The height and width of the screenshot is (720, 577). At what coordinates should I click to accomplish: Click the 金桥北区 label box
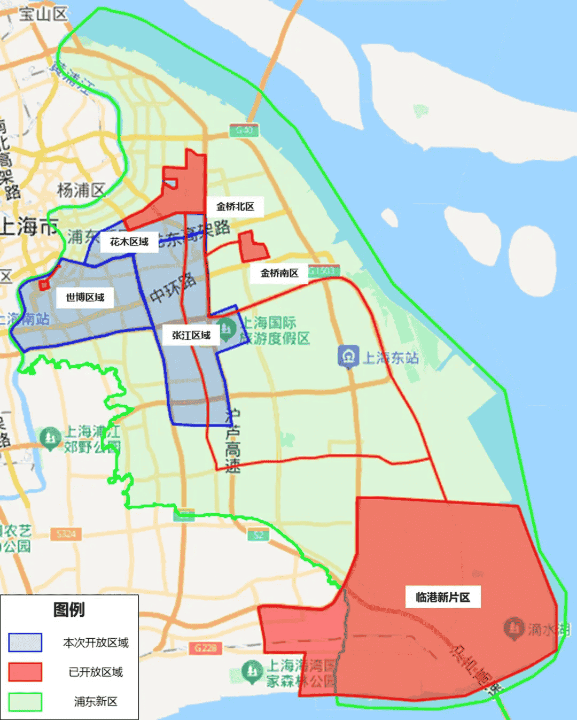pyautogui.click(x=235, y=207)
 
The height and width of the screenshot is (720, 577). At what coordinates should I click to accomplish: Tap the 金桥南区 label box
pyautogui.click(x=279, y=273)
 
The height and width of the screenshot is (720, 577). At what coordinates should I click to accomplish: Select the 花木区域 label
pyautogui.click(x=129, y=242)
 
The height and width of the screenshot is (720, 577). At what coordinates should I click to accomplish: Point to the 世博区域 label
pyautogui.click(x=85, y=297)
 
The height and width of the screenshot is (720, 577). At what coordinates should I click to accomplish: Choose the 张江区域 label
pyautogui.click(x=191, y=335)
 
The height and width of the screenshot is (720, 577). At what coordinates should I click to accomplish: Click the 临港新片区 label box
pyautogui.click(x=442, y=597)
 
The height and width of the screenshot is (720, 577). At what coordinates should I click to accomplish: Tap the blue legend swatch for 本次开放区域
pyautogui.click(x=25, y=642)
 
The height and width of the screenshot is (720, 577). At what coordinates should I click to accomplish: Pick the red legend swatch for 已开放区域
pyautogui.click(x=25, y=672)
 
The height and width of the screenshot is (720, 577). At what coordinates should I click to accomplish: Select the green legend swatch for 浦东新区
pyautogui.click(x=25, y=701)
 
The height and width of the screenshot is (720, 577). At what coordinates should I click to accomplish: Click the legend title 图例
pyautogui.click(x=69, y=610)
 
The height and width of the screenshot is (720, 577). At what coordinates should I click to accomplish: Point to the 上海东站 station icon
pyautogui.click(x=348, y=357)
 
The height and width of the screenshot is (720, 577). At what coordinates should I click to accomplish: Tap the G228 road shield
pyautogui.click(x=205, y=648)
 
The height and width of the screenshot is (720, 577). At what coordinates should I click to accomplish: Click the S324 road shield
pyautogui.click(x=66, y=533)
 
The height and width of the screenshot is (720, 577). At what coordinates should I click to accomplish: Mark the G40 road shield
pyautogui.click(x=244, y=130)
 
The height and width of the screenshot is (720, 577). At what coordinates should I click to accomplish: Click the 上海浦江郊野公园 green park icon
pyautogui.click(x=50, y=437)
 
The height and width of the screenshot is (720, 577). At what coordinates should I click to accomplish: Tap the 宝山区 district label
pyautogui.click(x=44, y=14)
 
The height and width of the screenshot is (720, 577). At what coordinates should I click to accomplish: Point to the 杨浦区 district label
pyautogui.click(x=81, y=190)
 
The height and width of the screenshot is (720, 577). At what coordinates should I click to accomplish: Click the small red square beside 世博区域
pyautogui.click(x=44, y=285)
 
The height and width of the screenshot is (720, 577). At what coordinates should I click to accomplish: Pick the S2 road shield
pyautogui.click(x=259, y=535)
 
